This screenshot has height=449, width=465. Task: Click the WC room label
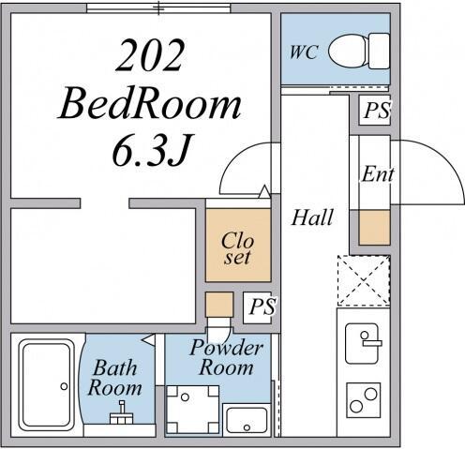pyautogui.click(x=304, y=52)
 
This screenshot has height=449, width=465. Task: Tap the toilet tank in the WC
pyautogui.click(x=379, y=51)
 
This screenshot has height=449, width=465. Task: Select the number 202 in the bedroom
pyautogui.click(x=149, y=55)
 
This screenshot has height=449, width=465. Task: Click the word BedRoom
pyautogui.click(x=149, y=104)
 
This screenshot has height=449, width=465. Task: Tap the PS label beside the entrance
pyautogui.click(x=377, y=111)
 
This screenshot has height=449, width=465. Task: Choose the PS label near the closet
pyautogui.click(x=262, y=307)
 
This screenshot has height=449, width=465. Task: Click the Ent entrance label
pyautogui.click(x=378, y=173)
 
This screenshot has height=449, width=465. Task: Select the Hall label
pyautogui.click(x=312, y=217)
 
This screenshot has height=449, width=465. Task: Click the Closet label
pyautogui.click(x=238, y=248)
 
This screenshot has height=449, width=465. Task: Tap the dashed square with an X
pyautogui.click(x=364, y=280)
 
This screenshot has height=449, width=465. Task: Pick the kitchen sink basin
pyautogui.click(x=362, y=343)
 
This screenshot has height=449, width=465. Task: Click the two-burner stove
pyautogui.click(x=364, y=400)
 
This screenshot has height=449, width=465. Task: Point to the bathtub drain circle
pyautogui.click(x=64, y=386)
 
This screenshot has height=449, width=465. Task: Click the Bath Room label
pyautogui.click(x=115, y=378)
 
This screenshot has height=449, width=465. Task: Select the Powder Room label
pyautogui.click(x=226, y=357)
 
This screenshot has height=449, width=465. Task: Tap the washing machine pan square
pyautogui.click(x=192, y=410)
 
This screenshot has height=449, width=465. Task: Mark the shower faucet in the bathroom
pyautogui.click(x=122, y=412)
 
